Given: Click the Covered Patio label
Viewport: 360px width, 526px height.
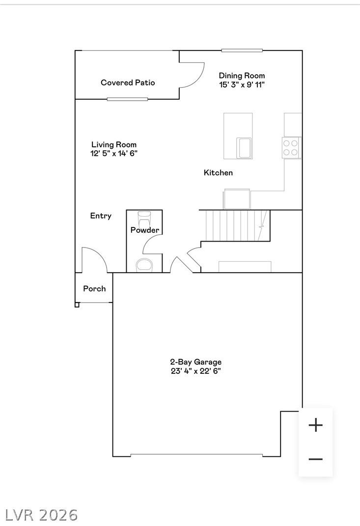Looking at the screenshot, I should click(128, 83).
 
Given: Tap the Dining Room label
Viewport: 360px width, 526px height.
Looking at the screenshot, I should click(242, 76).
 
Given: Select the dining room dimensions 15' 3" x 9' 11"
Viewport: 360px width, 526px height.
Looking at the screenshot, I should click(242, 84).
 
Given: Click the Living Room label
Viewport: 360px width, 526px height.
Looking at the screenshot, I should click(114, 144).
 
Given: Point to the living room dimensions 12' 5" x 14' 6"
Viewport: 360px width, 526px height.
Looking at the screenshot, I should click(114, 153).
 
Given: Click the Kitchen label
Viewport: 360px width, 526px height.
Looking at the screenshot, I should click(218, 173).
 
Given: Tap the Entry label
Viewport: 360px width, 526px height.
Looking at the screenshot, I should click(101, 216).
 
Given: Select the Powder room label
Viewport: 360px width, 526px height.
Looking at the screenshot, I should click(144, 230).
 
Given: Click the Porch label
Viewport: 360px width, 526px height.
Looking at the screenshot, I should click(94, 288).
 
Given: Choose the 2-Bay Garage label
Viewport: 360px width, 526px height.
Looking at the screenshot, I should click(195, 362).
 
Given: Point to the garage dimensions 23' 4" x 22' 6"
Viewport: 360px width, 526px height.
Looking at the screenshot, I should click(195, 371).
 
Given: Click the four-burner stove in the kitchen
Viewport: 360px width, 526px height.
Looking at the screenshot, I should click(292, 148).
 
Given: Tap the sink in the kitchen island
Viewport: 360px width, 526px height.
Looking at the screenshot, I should click(245, 148).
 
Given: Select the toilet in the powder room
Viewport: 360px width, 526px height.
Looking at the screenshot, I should click(145, 265).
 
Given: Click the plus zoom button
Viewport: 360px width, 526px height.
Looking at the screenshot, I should click(315, 425).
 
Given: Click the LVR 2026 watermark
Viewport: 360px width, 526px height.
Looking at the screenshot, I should click(41, 515).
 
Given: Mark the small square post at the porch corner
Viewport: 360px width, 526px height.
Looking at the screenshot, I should click(77, 305).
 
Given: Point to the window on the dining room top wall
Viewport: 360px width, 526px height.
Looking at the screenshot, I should click(241, 50).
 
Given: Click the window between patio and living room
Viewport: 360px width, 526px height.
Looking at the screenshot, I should click(127, 99).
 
